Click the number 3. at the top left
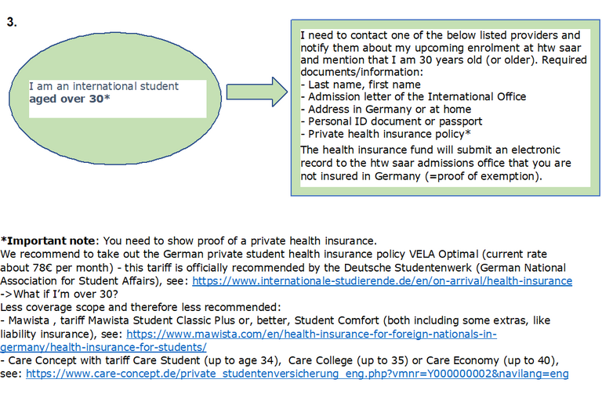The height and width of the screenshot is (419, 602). click(12, 23)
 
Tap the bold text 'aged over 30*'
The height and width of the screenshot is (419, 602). click(69, 99)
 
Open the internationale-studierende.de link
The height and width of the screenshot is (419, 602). click(382, 280)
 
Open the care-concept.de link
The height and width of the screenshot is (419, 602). click(297, 374)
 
